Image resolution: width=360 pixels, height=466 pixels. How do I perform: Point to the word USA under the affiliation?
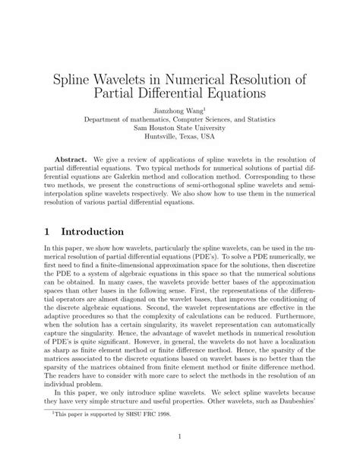pyautogui.click(x=213, y=140)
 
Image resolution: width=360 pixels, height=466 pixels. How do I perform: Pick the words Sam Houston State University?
pyautogui.click(x=179, y=130)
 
